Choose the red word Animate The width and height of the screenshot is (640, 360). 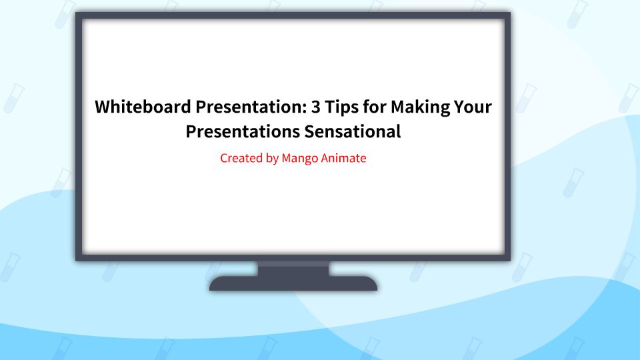point(344,159)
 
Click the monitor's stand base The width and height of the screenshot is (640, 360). point(293,284)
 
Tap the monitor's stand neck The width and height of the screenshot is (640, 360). point(293,267)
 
